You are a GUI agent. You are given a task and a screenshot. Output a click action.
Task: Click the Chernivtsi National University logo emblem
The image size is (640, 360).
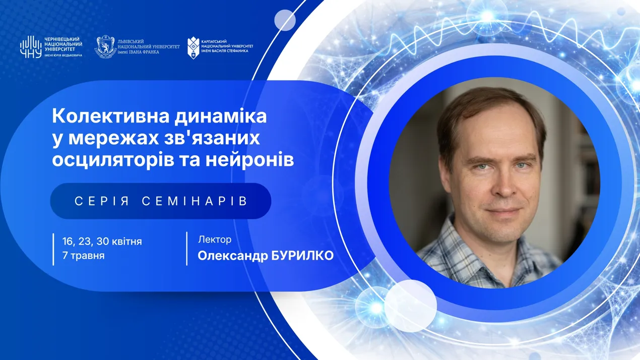pyautogui.click(x=30, y=47)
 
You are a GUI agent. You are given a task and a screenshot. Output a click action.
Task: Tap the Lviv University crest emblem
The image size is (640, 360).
pyautogui.click(x=105, y=47)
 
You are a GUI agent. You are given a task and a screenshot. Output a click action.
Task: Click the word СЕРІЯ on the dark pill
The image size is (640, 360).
pyautogui.click(x=102, y=201)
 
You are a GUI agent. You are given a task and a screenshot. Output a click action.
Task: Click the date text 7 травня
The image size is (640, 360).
pyautogui.click(x=84, y=255)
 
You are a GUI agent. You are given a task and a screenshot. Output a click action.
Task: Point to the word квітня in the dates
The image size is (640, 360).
pyautogui.click(x=126, y=242)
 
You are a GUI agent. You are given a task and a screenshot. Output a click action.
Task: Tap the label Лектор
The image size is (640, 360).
pyautogui.click(x=215, y=240)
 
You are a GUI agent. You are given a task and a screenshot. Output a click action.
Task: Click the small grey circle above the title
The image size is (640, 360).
pyautogui.click(x=285, y=20)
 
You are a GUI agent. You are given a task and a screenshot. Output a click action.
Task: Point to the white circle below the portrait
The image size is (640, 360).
pyautogui.click(x=410, y=306)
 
